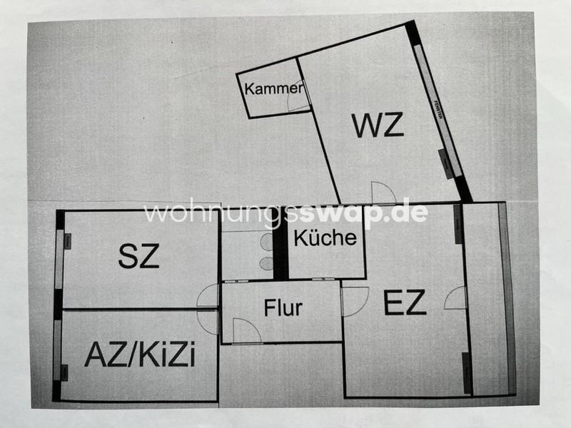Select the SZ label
click(x=138, y=256)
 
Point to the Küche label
click(x=325, y=237)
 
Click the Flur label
click(x=283, y=308)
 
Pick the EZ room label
click(x=405, y=304)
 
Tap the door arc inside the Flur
click(x=247, y=330)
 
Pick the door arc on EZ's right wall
click(x=455, y=298)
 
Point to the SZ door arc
click(x=208, y=296)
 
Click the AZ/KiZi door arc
click(x=208, y=322)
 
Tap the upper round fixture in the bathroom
click(x=267, y=243)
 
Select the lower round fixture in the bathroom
click(x=267, y=263)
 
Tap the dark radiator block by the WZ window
click(x=446, y=164)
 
